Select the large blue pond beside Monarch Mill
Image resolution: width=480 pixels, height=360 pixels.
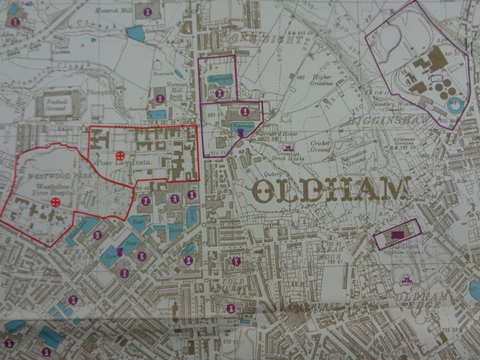136,33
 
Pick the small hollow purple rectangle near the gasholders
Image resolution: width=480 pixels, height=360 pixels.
436,77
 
